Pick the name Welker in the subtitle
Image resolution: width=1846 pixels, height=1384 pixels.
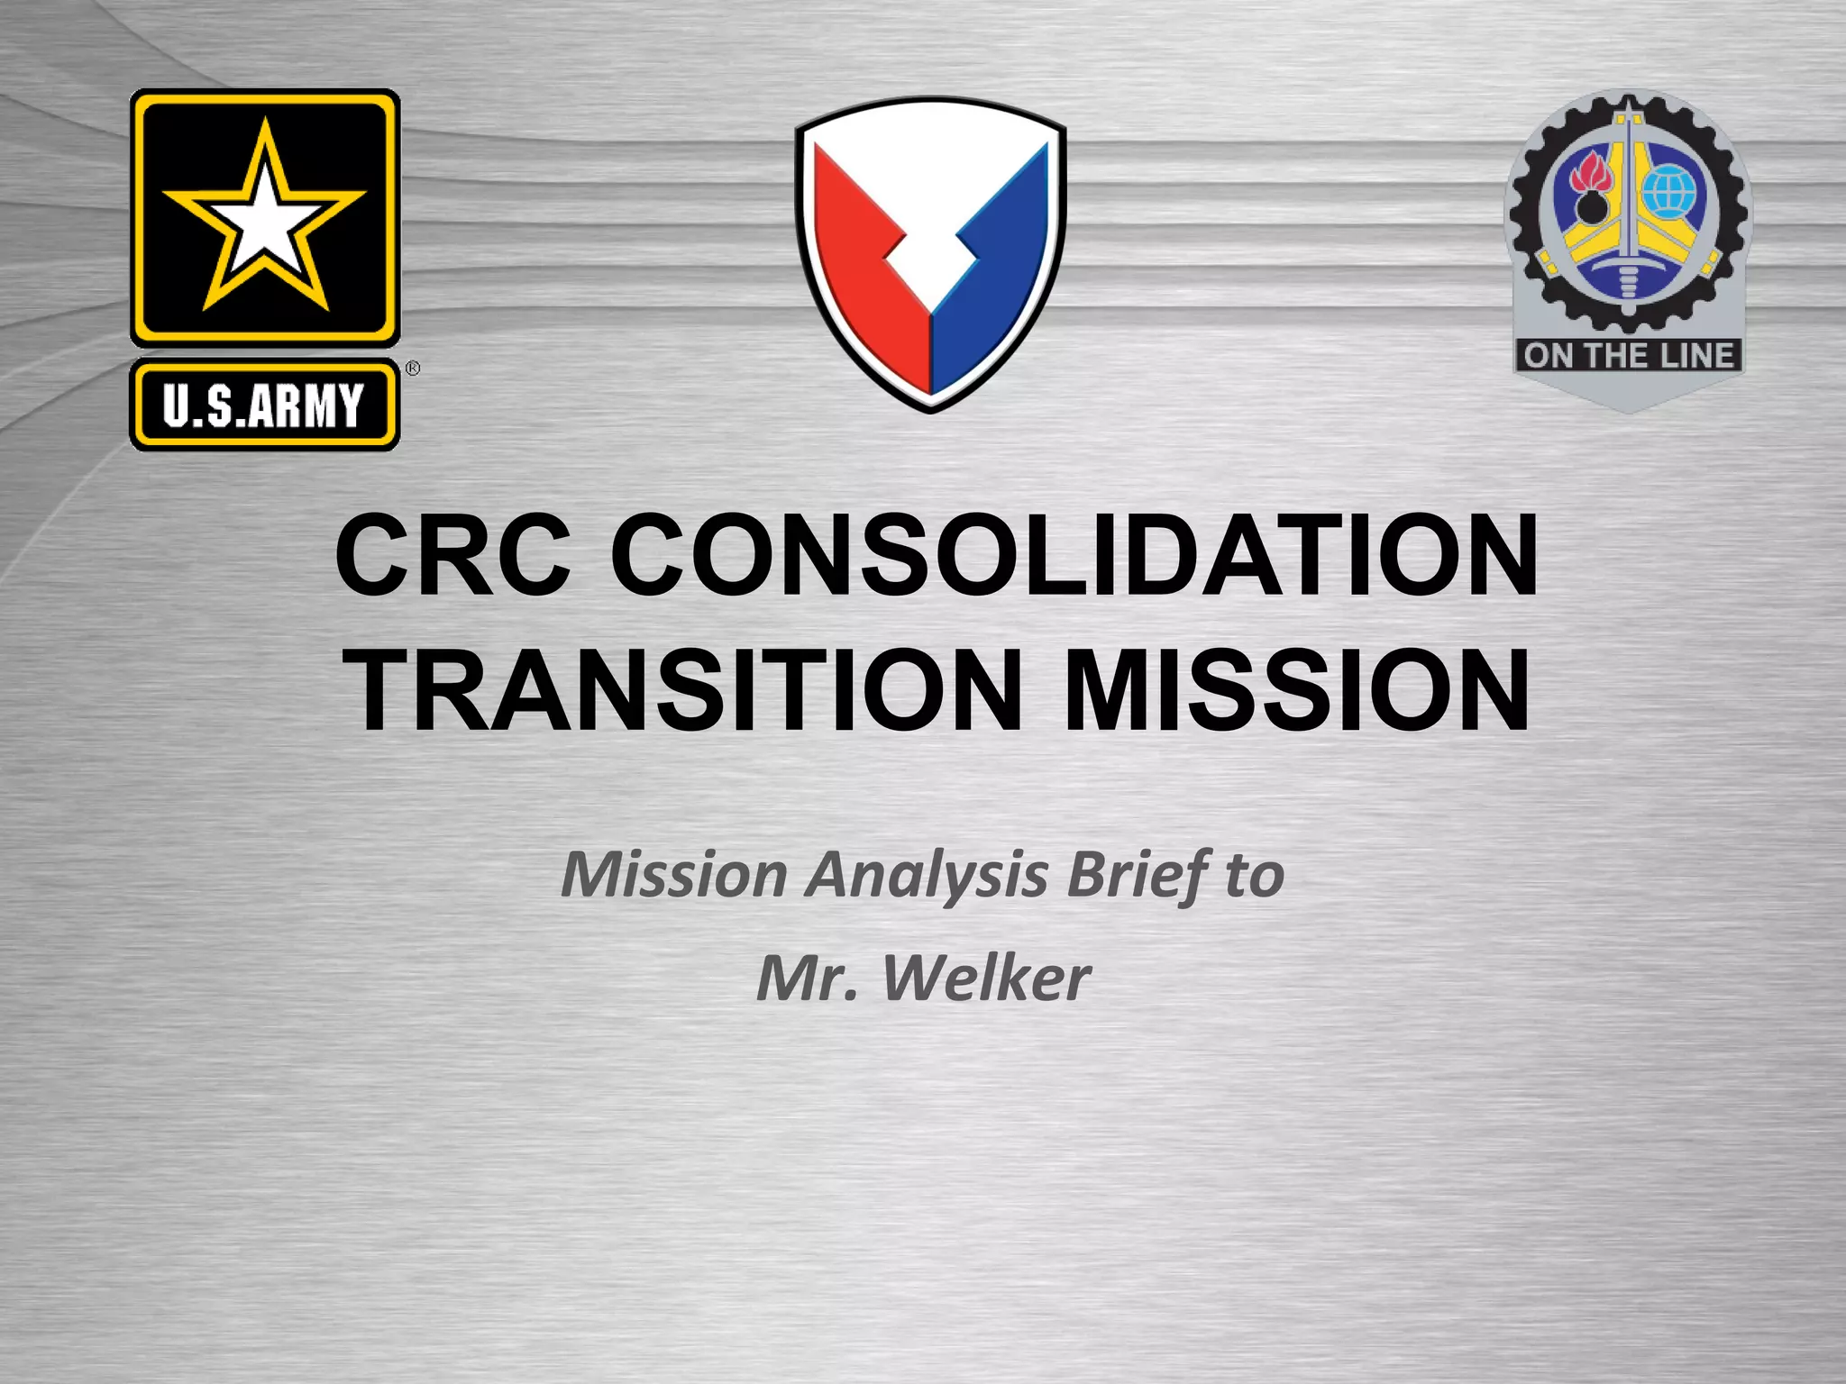click(987, 979)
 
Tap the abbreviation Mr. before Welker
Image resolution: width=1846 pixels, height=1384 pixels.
click(808, 979)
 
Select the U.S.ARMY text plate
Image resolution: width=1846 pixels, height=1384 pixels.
click(264, 405)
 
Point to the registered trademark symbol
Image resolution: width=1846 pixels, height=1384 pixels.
click(412, 369)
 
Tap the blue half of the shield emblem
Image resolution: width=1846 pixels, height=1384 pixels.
click(996, 270)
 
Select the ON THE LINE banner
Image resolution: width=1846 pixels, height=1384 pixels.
click(1629, 355)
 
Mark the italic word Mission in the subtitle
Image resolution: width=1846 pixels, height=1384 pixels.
click(674, 876)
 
